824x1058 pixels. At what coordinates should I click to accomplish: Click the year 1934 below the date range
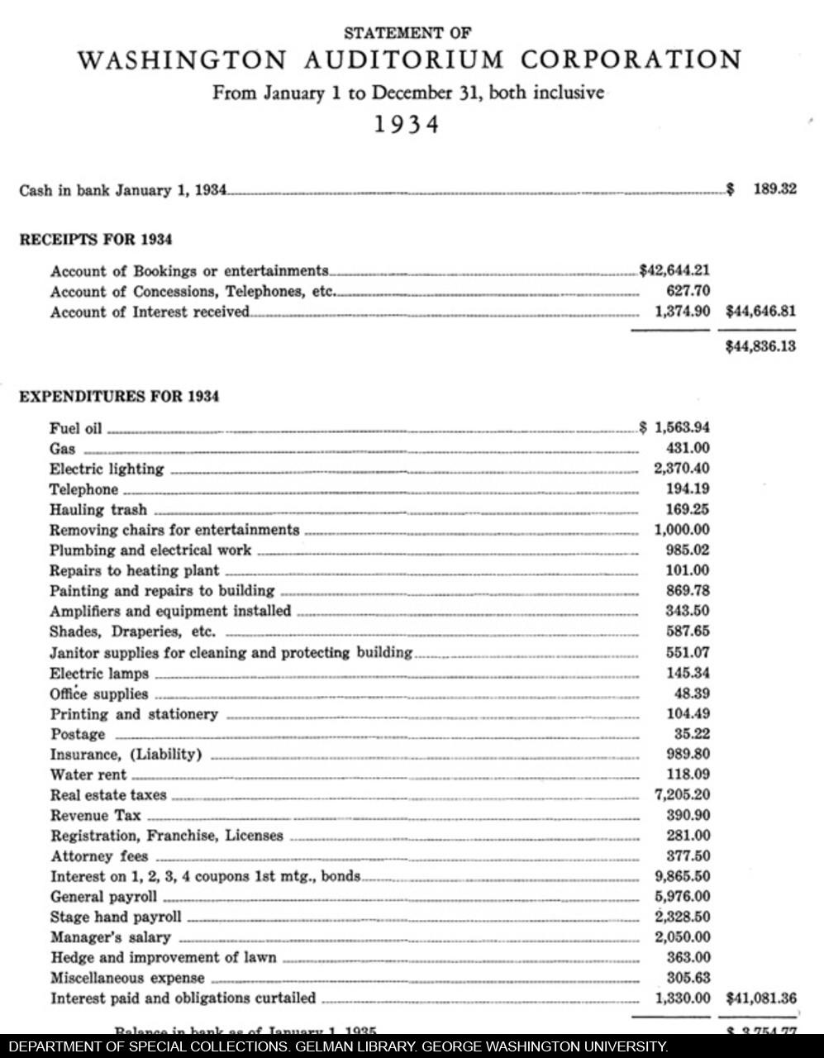click(x=406, y=125)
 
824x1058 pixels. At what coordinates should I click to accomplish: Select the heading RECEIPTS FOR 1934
click(x=96, y=240)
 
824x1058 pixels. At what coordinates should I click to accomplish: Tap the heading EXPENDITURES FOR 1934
click(x=119, y=397)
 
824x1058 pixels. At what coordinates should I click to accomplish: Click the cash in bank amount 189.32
click(x=774, y=189)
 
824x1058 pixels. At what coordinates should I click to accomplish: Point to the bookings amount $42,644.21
click(x=674, y=270)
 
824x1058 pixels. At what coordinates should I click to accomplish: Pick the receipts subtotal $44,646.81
click(x=760, y=312)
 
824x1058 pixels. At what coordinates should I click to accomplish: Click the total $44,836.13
click(x=760, y=346)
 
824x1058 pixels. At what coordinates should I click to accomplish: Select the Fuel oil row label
click(x=75, y=428)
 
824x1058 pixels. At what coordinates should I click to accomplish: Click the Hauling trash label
click(x=98, y=509)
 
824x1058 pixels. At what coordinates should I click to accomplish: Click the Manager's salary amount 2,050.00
click(x=682, y=936)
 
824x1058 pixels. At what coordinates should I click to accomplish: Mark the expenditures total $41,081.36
click(x=760, y=998)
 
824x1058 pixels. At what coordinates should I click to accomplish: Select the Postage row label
click(x=78, y=734)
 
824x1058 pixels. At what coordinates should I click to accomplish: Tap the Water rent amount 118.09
click(x=688, y=774)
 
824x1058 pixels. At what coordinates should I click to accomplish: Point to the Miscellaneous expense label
click(x=127, y=978)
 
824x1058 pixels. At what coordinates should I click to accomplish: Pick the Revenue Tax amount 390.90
click(x=688, y=815)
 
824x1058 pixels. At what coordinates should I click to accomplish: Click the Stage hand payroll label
click(x=116, y=917)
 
